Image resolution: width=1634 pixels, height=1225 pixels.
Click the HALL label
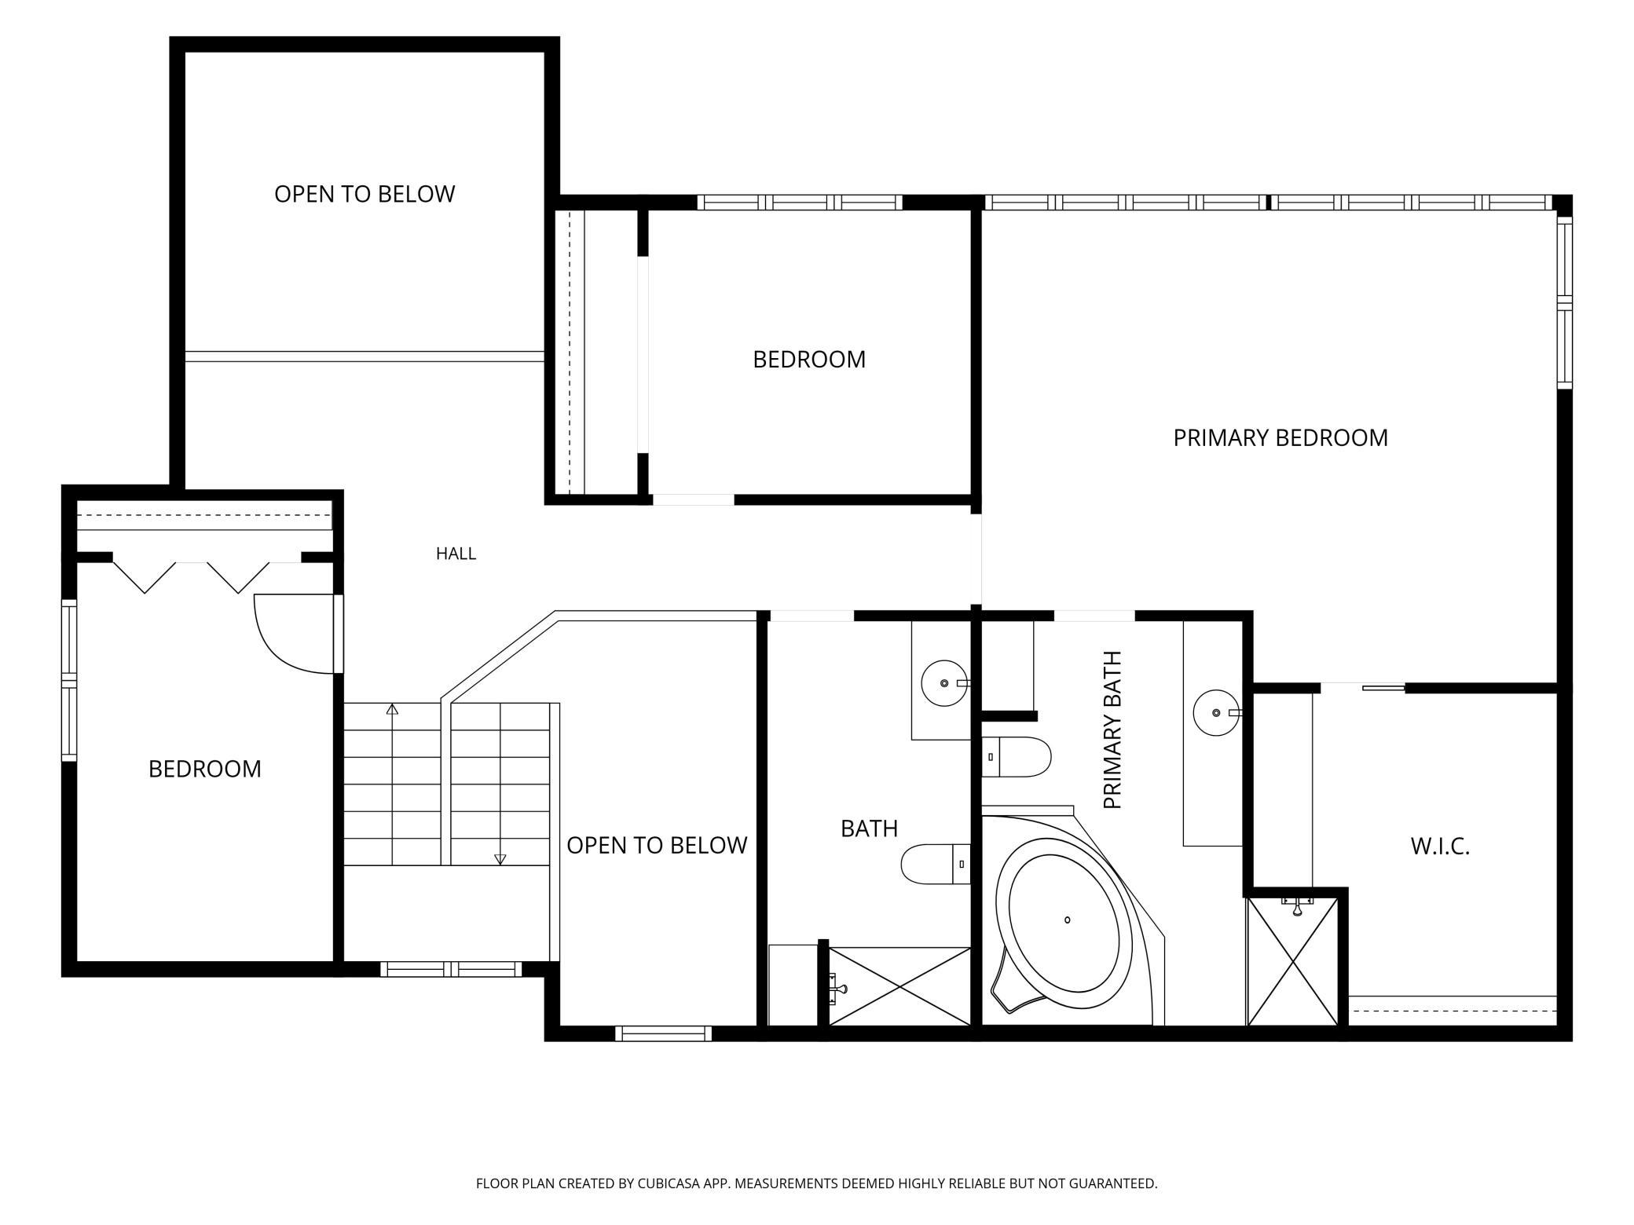point(456,554)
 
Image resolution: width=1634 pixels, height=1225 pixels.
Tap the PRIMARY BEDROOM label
point(1280,437)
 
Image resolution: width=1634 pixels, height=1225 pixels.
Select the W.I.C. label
point(1440,846)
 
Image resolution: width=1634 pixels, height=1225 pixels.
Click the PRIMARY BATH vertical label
point(1112,730)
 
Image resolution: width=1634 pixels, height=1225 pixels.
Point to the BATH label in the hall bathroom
point(869,828)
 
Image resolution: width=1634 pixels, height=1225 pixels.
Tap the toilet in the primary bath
point(1017,757)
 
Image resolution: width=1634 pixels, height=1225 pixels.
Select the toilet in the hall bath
point(936,864)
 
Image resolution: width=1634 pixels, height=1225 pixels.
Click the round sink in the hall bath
point(943,683)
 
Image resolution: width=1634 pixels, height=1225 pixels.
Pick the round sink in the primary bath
point(1216,712)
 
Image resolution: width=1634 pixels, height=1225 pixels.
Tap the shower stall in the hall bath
point(900,986)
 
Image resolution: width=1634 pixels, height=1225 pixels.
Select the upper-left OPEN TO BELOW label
point(365,194)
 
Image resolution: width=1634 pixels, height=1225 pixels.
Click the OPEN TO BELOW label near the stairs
point(657,845)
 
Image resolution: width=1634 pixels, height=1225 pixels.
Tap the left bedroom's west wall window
point(69,680)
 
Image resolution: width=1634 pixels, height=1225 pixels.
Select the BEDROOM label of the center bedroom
point(809,359)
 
